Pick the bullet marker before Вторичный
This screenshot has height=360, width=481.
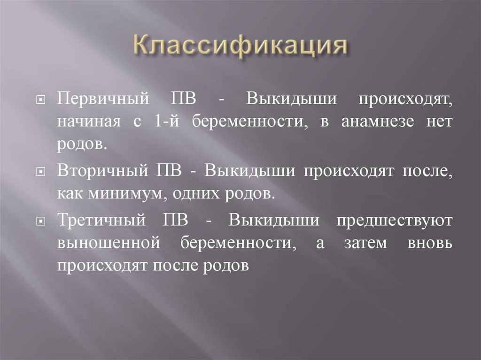coord(42,172)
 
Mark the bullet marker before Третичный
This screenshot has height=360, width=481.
coord(42,221)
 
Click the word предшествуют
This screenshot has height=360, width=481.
coord(395,221)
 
